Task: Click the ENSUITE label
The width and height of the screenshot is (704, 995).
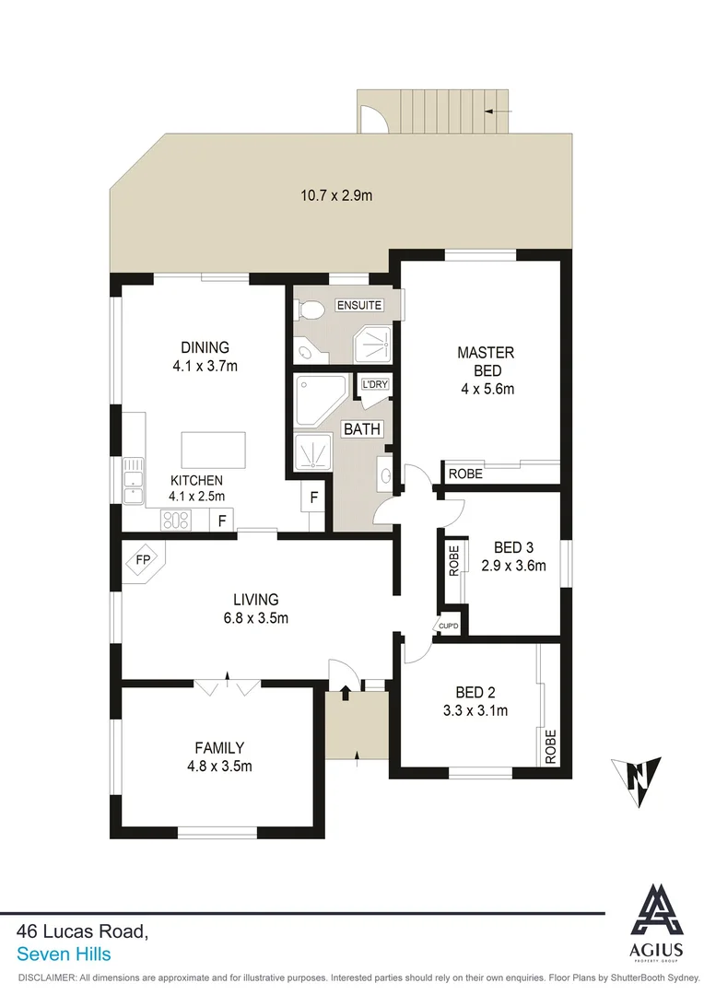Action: coord(358,306)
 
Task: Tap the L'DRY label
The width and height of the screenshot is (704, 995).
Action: coord(374,384)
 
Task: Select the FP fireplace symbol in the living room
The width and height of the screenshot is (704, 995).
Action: coord(143,559)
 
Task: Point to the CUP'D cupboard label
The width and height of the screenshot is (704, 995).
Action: coord(449,626)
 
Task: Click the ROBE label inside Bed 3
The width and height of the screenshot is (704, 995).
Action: coord(453,561)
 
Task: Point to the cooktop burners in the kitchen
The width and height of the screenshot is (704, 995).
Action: coord(175,521)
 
